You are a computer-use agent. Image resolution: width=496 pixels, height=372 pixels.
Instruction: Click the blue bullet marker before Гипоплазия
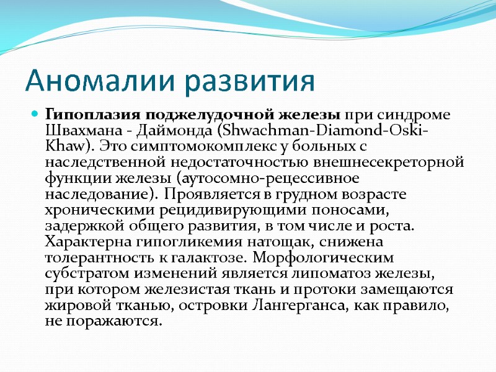click(x=36, y=115)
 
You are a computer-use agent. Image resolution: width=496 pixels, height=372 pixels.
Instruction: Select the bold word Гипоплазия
click(x=94, y=115)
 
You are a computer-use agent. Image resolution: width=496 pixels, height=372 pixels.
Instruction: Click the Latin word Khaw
click(x=63, y=147)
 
